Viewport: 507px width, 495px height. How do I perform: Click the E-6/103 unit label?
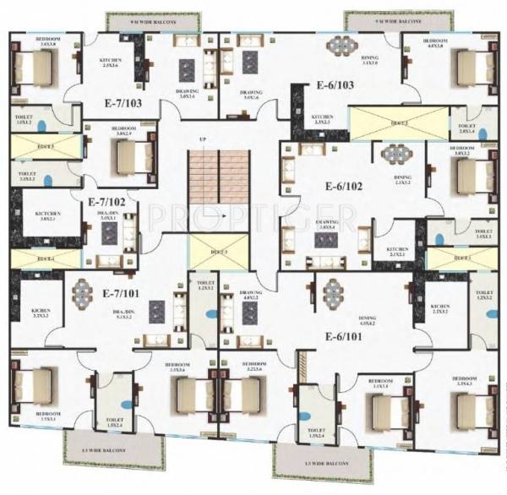tap(335, 85)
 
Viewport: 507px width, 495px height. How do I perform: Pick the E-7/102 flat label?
tap(106, 202)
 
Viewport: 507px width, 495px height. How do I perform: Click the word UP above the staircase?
tap(202, 139)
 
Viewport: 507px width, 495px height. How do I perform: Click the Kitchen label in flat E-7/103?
tap(111, 62)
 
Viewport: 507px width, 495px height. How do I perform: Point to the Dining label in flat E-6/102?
tap(402, 179)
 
